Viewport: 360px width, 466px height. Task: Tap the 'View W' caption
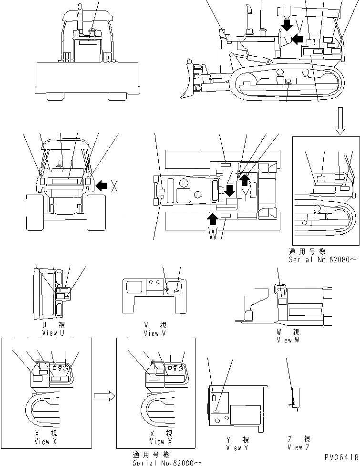coord(288,336)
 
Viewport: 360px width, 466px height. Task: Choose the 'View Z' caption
coord(298,444)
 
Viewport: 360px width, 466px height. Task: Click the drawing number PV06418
coord(342,457)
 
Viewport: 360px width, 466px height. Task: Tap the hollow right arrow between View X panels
coord(105,395)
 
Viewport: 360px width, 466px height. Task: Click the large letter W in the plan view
coord(213,233)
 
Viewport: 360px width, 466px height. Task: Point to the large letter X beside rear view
coord(114,186)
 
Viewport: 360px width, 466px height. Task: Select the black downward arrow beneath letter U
coord(287,25)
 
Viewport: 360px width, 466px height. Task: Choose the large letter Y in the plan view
coord(246,194)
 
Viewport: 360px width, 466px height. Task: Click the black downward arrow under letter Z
coord(229,190)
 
